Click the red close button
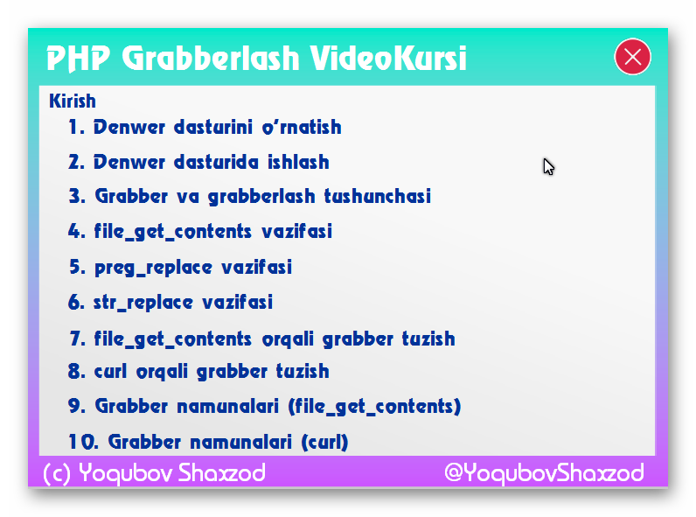click(632, 57)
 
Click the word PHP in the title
click(78, 59)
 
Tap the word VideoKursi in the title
click(388, 58)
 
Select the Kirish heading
click(73, 101)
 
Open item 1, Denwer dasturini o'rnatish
click(205, 127)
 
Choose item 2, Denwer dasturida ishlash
click(198, 162)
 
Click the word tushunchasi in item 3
click(378, 196)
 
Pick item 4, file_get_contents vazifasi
click(199, 232)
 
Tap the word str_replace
click(143, 303)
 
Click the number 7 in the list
click(77, 339)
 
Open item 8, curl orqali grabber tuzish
click(198, 371)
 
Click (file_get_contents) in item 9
click(374, 407)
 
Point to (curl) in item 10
click(324, 442)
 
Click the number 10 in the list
click(83, 442)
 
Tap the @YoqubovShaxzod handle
click(544, 472)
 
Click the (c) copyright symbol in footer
click(57, 473)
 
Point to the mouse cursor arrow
click(548, 166)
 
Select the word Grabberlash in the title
click(211, 59)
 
